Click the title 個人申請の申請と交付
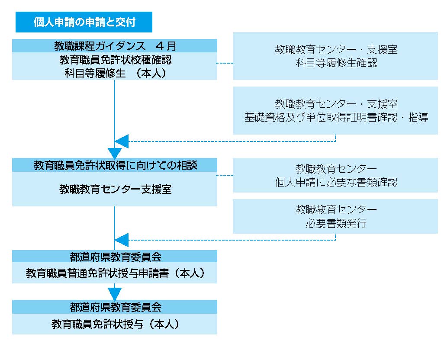coord(85,22)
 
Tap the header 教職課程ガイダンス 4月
coord(115,46)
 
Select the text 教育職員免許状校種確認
coord(115,60)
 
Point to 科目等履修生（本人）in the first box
coord(115,73)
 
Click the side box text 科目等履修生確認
coord(336,63)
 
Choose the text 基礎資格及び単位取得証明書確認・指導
coord(336,117)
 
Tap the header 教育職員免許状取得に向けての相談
coord(115,165)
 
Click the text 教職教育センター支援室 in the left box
coord(115,189)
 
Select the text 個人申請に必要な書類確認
coord(336,182)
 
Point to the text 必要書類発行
coord(336,223)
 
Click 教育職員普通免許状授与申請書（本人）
coord(115,273)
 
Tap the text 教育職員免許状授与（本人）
coord(115,324)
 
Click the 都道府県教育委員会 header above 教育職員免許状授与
coord(115,307)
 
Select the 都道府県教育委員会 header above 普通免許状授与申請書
coord(115,257)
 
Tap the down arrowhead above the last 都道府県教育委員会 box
coord(115,294)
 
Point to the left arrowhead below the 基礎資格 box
coord(122,141)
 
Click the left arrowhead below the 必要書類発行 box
coord(122,240)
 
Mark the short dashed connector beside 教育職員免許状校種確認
coord(225,63)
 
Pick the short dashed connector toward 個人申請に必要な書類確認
coord(225,176)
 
